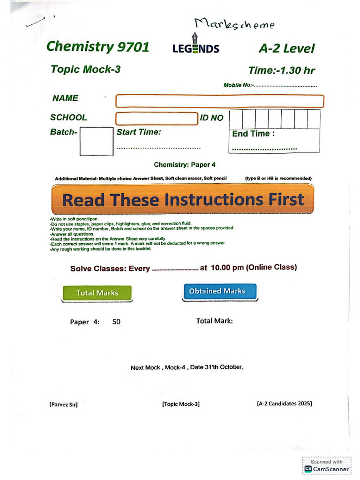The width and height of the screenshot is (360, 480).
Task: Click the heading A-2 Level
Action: click(x=286, y=48)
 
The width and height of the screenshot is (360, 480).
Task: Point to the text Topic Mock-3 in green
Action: click(x=85, y=69)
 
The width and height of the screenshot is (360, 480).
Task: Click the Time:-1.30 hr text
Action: click(x=281, y=71)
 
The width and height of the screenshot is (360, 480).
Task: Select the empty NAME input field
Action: click(x=219, y=101)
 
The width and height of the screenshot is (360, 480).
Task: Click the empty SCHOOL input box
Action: click(x=157, y=119)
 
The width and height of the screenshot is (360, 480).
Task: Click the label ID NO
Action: click(x=212, y=118)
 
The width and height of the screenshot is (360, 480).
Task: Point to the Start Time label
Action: click(x=139, y=132)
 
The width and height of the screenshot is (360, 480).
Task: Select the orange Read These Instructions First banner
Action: click(x=182, y=200)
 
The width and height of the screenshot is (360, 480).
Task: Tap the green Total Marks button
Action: click(x=97, y=293)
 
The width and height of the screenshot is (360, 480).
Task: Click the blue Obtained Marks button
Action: click(x=217, y=291)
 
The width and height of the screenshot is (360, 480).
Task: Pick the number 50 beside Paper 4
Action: click(x=117, y=322)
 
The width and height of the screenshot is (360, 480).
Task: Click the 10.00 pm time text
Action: click(x=227, y=268)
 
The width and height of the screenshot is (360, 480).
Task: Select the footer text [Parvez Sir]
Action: click(x=63, y=405)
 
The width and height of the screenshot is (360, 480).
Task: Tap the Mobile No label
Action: click(x=239, y=85)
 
